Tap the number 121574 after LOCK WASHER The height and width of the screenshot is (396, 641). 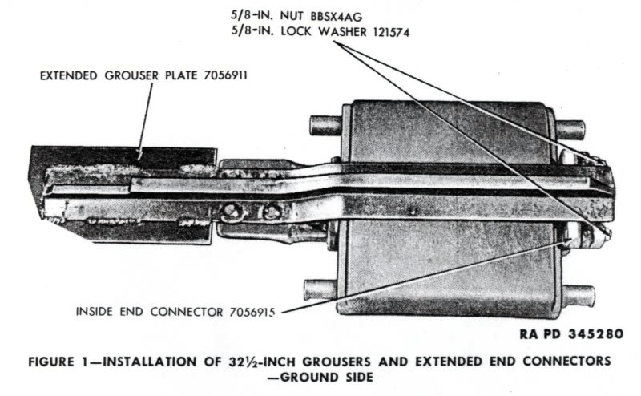[390, 32]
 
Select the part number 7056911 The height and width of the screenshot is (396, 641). [226, 75]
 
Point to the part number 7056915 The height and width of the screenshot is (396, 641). [252, 312]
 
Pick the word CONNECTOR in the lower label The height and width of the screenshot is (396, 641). [187, 312]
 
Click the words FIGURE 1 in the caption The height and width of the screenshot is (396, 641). [55, 362]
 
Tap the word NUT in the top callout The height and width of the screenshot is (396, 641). [292, 16]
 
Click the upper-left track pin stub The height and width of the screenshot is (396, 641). [325, 125]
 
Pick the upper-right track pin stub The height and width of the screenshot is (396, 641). [570, 129]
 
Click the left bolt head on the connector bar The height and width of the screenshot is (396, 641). [231, 212]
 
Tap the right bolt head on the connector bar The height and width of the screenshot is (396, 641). [270, 212]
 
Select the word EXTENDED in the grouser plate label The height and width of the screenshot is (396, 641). [69, 75]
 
